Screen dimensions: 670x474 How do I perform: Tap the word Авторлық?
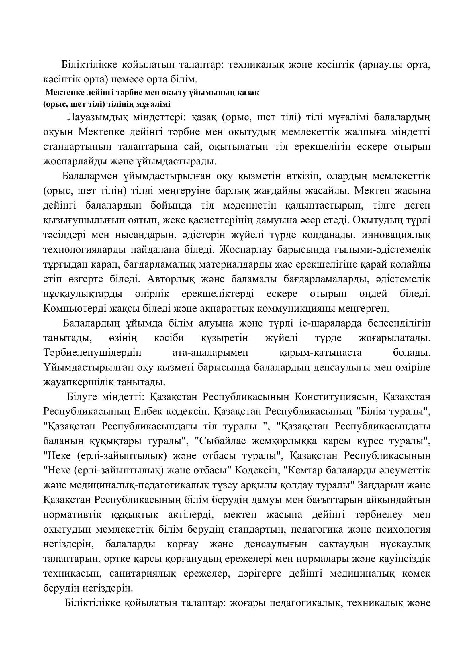point(169,279)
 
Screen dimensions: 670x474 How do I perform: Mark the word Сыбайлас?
point(222,441)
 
